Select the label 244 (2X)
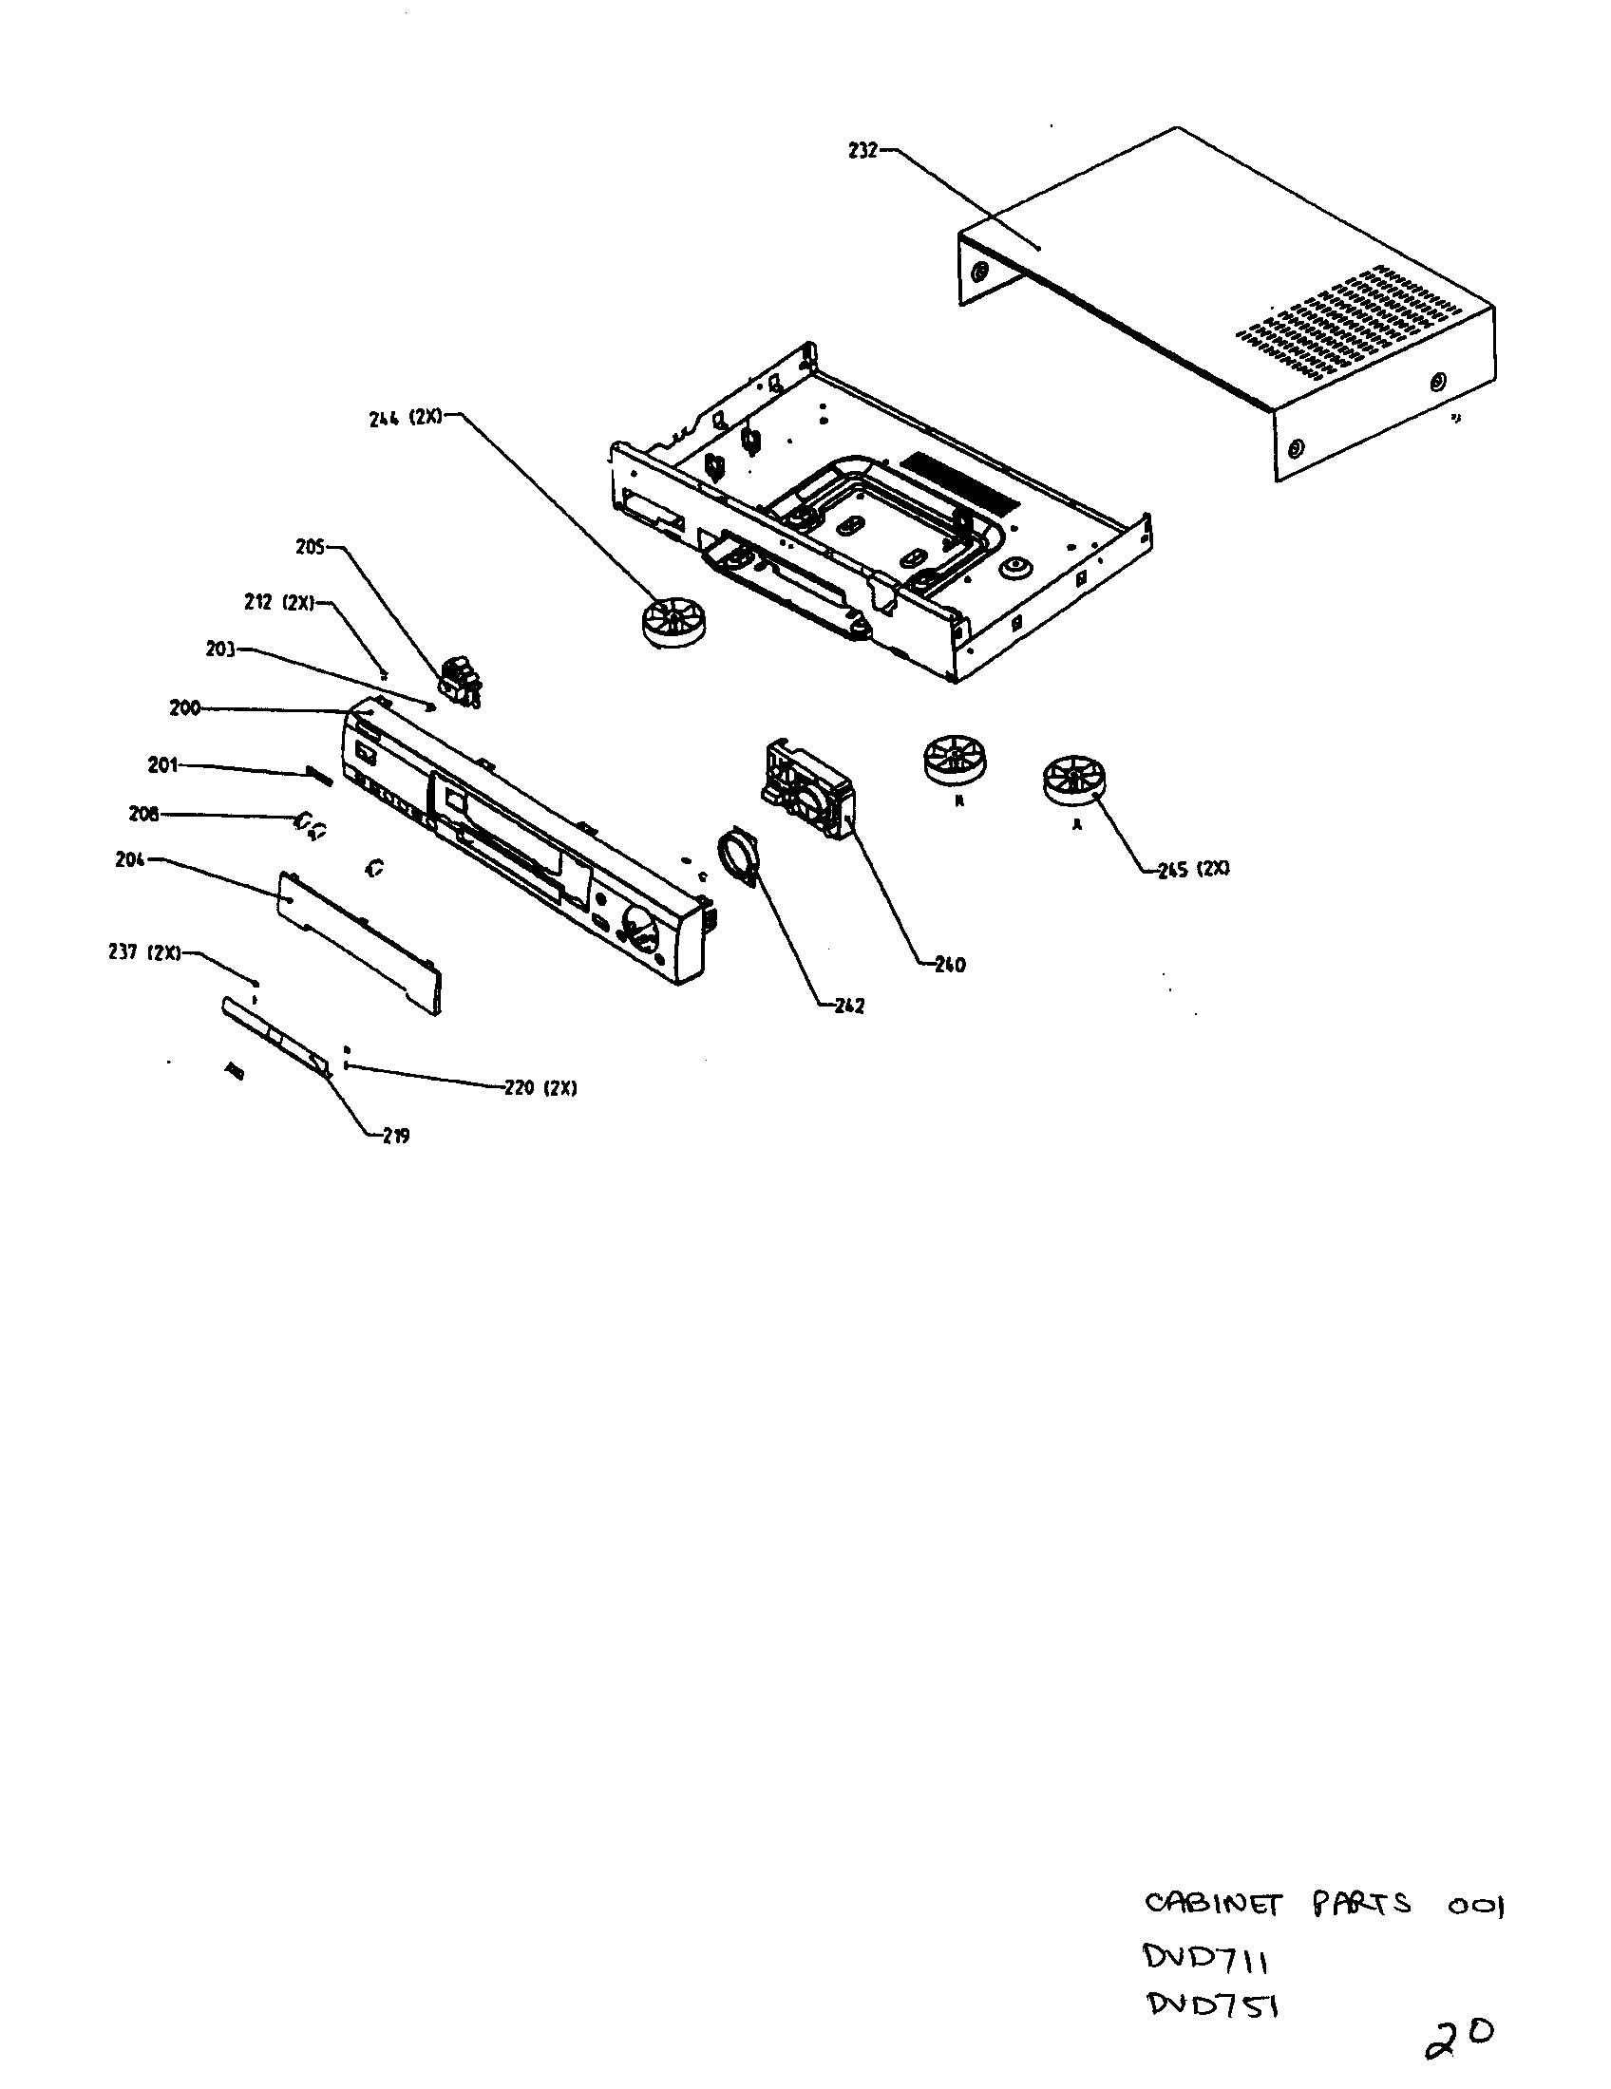click(x=406, y=418)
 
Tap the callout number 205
click(x=311, y=547)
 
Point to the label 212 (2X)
click(x=279, y=603)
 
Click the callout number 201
click(x=162, y=765)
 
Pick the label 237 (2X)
click(x=143, y=952)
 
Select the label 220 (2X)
click(x=540, y=1088)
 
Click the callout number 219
click(x=396, y=1137)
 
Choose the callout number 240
click(x=950, y=965)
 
